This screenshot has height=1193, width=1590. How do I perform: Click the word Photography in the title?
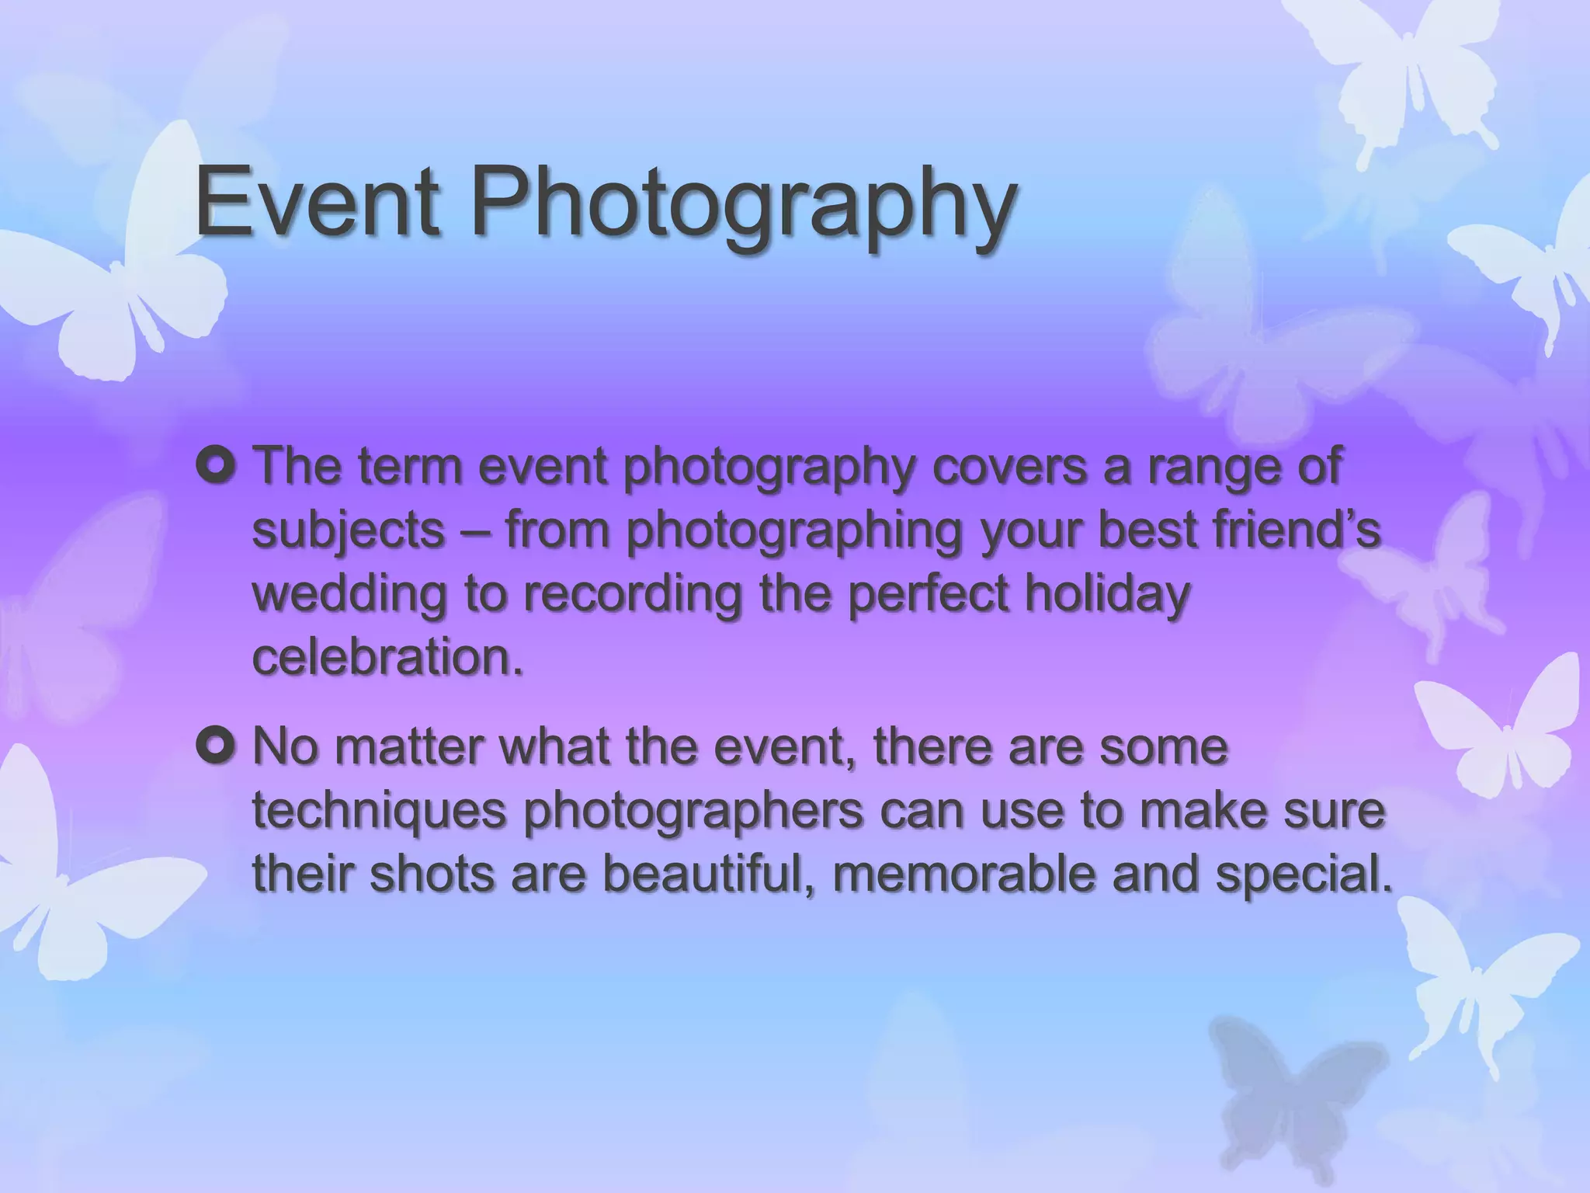(x=742, y=203)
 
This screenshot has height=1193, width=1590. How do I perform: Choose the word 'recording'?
(x=631, y=596)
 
